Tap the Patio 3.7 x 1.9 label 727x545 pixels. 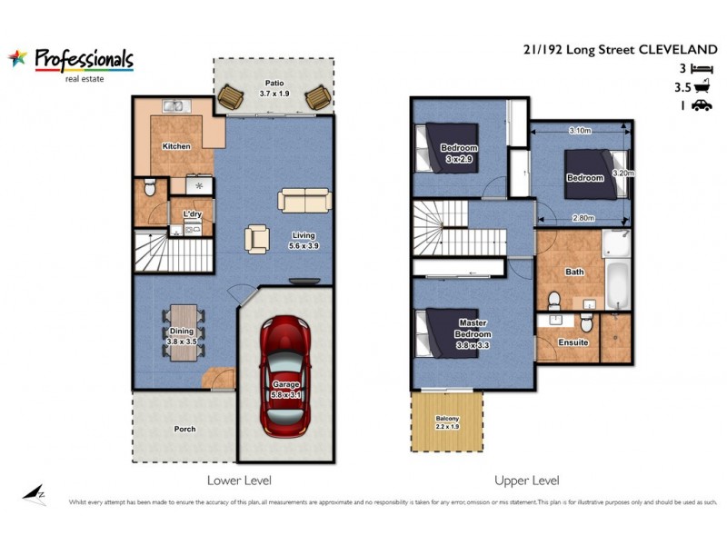click(274, 87)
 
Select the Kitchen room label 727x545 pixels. click(175, 145)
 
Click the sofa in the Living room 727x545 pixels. click(305, 200)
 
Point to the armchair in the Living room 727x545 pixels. click(257, 239)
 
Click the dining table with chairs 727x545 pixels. click(183, 332)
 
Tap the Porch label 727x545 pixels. click(184, 429)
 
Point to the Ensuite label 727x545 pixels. click(573, 342)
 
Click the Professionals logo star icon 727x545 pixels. click(18, 59)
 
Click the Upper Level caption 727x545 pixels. click(526, 480)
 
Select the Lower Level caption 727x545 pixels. click(239, 480)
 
